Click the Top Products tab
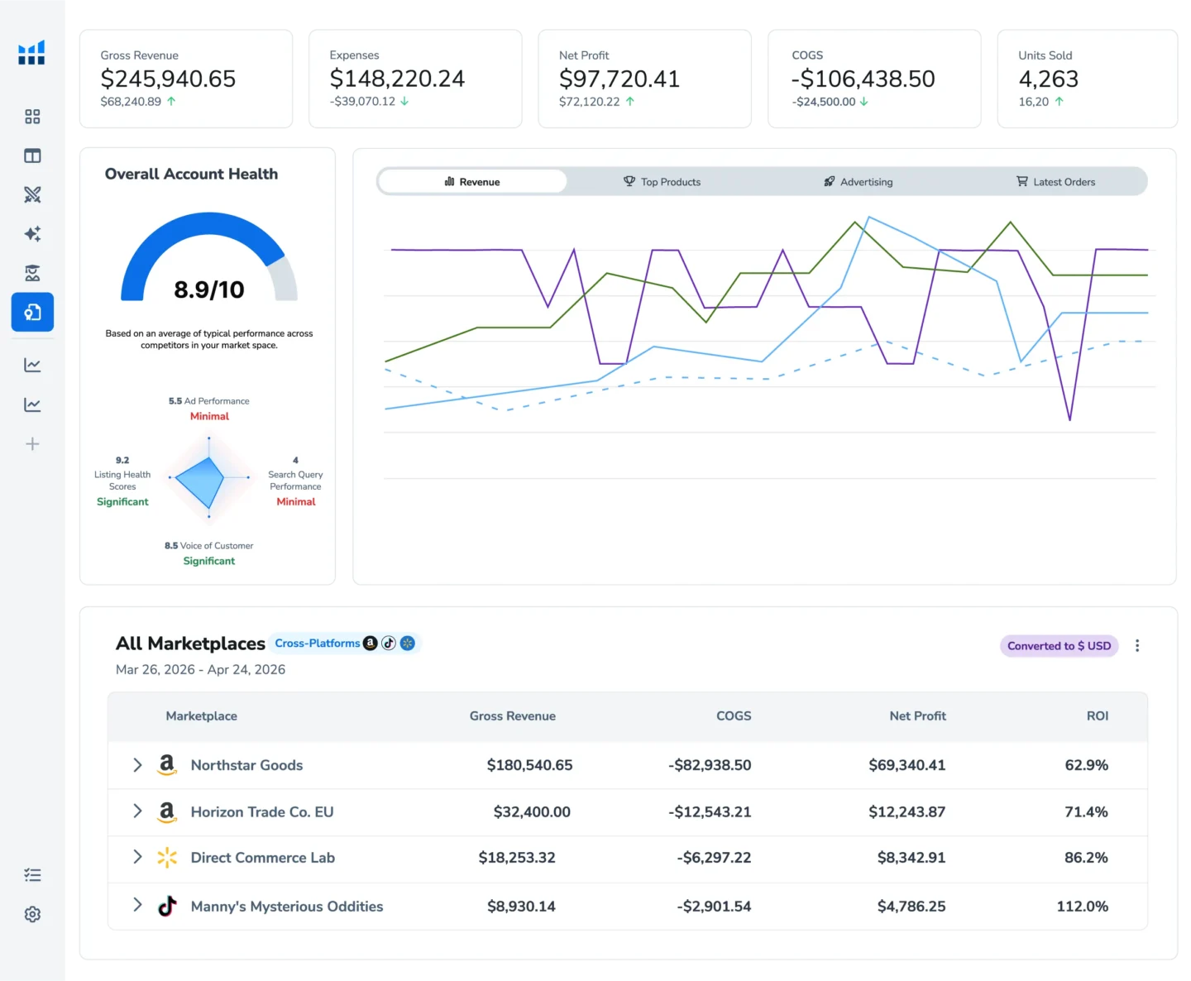pos(662,181)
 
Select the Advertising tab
pos(858,181)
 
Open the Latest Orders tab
pos(1055,181)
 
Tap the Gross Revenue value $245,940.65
pos(168,79)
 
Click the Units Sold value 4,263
pos(1049,79)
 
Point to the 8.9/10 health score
pos(208,290)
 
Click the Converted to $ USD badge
pos(1059,646)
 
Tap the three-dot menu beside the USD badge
pos(1136,646)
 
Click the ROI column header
pos(1097,715)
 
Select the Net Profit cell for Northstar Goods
pos(907,765)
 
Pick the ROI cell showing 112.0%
pos(1082,907)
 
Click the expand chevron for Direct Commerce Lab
pos(137,857)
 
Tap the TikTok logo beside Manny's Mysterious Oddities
pos(167,906)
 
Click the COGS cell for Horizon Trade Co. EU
pos(710,811)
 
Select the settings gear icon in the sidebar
pos(32,914)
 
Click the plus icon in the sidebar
pos(32,443)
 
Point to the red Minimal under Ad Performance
pos(209,416)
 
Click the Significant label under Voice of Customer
pos(208,562)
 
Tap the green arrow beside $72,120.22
pos(629,102)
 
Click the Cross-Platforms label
pos(317,644)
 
